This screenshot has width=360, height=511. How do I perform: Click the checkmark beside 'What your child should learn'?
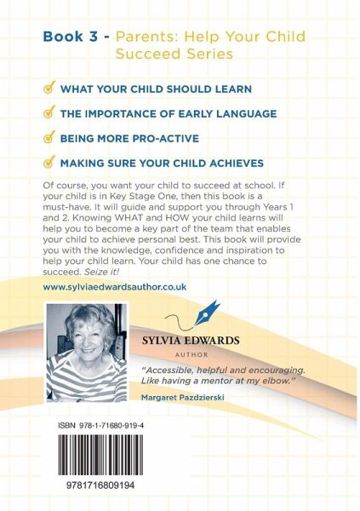[49, 88]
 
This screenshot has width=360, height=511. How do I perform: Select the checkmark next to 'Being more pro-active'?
[49, 136]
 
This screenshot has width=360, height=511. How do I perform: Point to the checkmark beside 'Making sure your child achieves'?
[49, 161]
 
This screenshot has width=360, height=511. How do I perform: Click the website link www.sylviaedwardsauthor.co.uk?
[115, 287]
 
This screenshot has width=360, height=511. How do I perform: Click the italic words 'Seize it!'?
[101, 272]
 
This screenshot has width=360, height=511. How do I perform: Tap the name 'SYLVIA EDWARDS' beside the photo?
[191, 341]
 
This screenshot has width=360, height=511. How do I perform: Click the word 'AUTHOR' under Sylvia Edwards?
[191, 355]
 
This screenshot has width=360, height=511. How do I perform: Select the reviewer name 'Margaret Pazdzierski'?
[183, 397]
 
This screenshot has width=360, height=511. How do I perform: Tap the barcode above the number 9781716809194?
[100, 455]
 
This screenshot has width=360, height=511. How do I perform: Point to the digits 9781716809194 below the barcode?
[100, 485]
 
